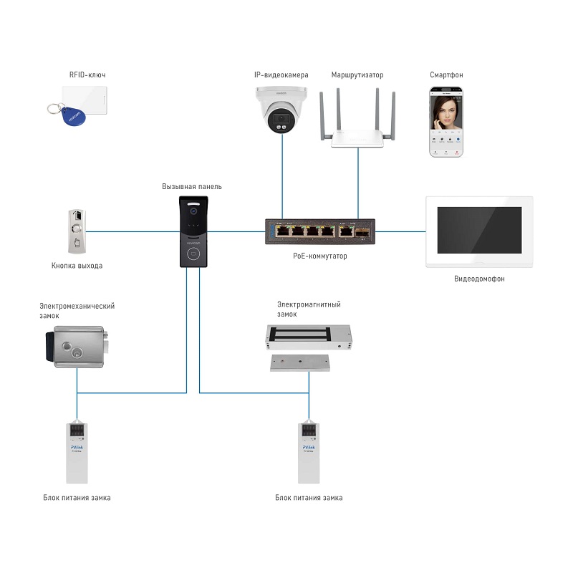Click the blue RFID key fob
72,115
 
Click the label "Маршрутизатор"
357,74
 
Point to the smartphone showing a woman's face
446,122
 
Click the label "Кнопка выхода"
77,266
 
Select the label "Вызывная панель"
192,186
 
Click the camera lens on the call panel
192,211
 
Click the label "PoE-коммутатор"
319,256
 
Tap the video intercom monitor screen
479,229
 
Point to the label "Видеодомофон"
479,279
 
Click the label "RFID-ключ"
87,74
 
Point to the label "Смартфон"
446,74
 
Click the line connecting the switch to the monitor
401,231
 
